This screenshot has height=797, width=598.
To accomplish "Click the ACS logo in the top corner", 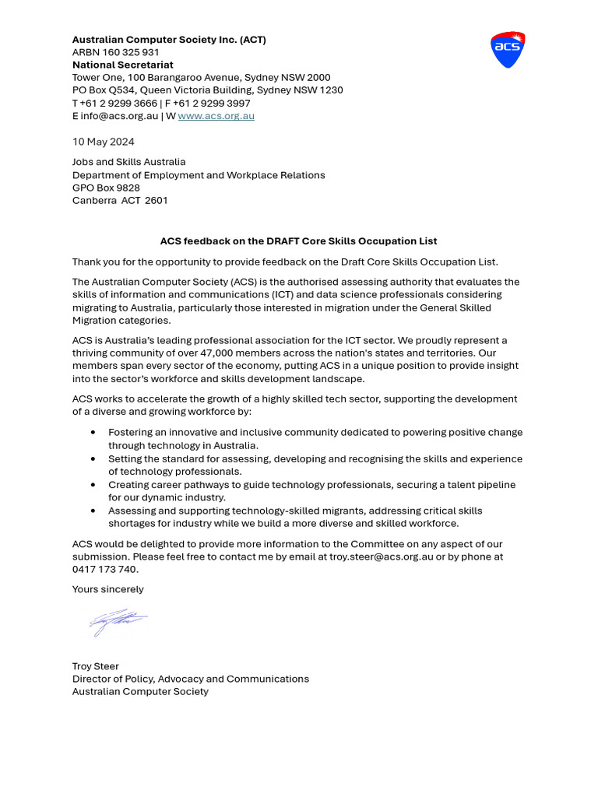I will (x=508, y=50).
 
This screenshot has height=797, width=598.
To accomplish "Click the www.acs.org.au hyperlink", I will (x=216, y=116).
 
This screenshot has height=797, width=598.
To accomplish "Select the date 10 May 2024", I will (x=103, y=142).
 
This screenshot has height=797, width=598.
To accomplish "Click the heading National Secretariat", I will (x=122, y=65).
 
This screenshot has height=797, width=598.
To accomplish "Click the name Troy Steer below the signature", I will (x=95, y=666).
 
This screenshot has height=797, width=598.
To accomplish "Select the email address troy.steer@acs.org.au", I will (x=381, y=556).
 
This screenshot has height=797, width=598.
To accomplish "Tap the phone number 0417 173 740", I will (x=105, y=569).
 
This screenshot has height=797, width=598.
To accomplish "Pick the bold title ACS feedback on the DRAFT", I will (x=298, y=241).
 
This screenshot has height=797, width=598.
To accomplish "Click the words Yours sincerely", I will (x=107, y=589).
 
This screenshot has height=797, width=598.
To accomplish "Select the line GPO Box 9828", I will (x=106, y=188).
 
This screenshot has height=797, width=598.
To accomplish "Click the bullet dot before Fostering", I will (x=93, y=432).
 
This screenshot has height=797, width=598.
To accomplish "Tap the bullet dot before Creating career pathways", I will (x=93, y=484).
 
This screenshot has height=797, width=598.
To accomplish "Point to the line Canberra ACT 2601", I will (x=120, y=200).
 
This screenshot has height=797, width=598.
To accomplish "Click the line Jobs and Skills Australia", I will (x=128, y=162).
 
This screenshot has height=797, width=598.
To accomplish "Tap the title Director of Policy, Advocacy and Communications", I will (x=190, y=679).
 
